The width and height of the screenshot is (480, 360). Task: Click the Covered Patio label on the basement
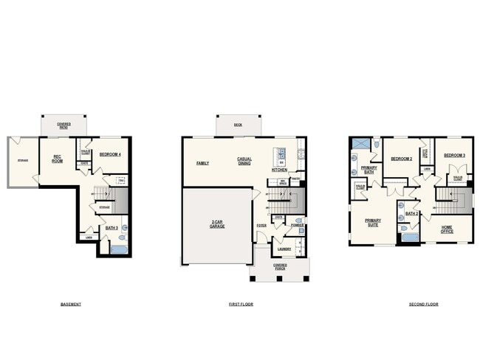[64, 125]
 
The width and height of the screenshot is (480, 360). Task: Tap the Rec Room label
[57, 158]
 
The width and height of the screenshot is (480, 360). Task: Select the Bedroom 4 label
[109, 153]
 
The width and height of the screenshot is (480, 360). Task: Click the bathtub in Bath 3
[118, 249]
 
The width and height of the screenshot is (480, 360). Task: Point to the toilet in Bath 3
[122, 238]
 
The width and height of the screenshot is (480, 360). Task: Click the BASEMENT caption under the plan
[71, 304]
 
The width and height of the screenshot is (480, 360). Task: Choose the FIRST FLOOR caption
[241, 304]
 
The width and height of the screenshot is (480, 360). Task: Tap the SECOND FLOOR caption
[423, 304]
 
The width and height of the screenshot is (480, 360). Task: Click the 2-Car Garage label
[217, 224]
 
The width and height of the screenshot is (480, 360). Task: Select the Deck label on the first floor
[238, 125]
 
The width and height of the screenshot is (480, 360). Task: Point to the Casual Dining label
[244, 160]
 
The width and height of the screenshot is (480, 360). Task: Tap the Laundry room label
[284, 249]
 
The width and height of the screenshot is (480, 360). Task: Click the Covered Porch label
[280, 266]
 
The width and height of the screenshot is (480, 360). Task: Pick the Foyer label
[261, 225]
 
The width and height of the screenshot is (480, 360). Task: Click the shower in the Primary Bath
[360, 143]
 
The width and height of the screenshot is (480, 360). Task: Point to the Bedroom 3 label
[454, 155]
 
